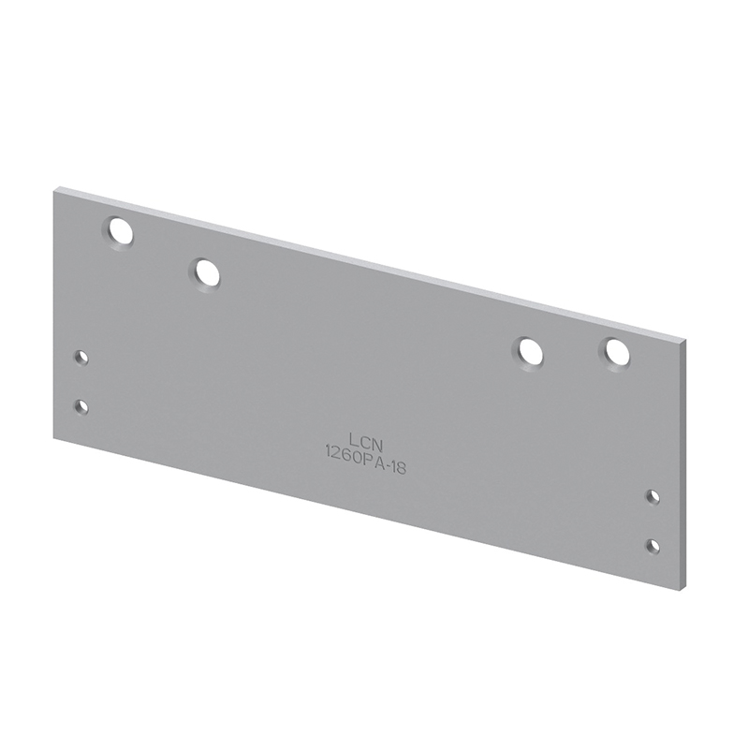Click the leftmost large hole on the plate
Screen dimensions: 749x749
pos(117,232)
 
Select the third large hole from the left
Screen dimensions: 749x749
pos(527,355)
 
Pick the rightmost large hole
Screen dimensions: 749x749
pos(615,354)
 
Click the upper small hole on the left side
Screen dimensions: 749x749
pos(81,357)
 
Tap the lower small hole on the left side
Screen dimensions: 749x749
pos(81,407)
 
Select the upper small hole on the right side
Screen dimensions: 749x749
pos(653,497)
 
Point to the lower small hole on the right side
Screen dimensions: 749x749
pos(653,546)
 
